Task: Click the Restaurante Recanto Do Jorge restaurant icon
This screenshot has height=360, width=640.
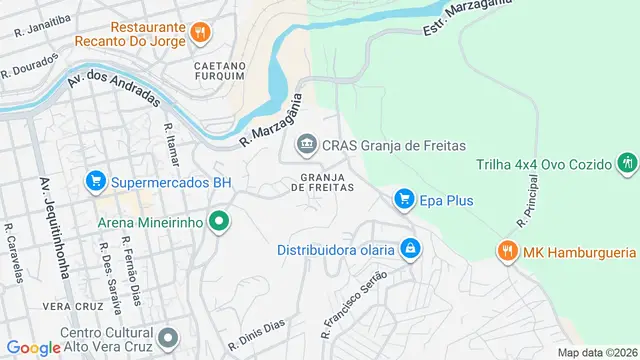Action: (200, 32)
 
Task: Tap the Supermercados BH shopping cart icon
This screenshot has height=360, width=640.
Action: (96, 181)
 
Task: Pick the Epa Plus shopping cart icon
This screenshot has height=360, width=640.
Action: (404, 200)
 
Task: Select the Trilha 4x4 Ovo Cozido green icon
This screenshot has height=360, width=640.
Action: (628, 162)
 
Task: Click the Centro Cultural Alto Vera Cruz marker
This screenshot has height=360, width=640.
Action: (169, 337)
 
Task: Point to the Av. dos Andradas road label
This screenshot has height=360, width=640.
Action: (113, 88)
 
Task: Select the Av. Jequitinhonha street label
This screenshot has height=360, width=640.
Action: (48, 214)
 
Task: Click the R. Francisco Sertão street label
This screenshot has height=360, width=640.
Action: (352, 300)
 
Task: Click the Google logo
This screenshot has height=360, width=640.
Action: (33, 347)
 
